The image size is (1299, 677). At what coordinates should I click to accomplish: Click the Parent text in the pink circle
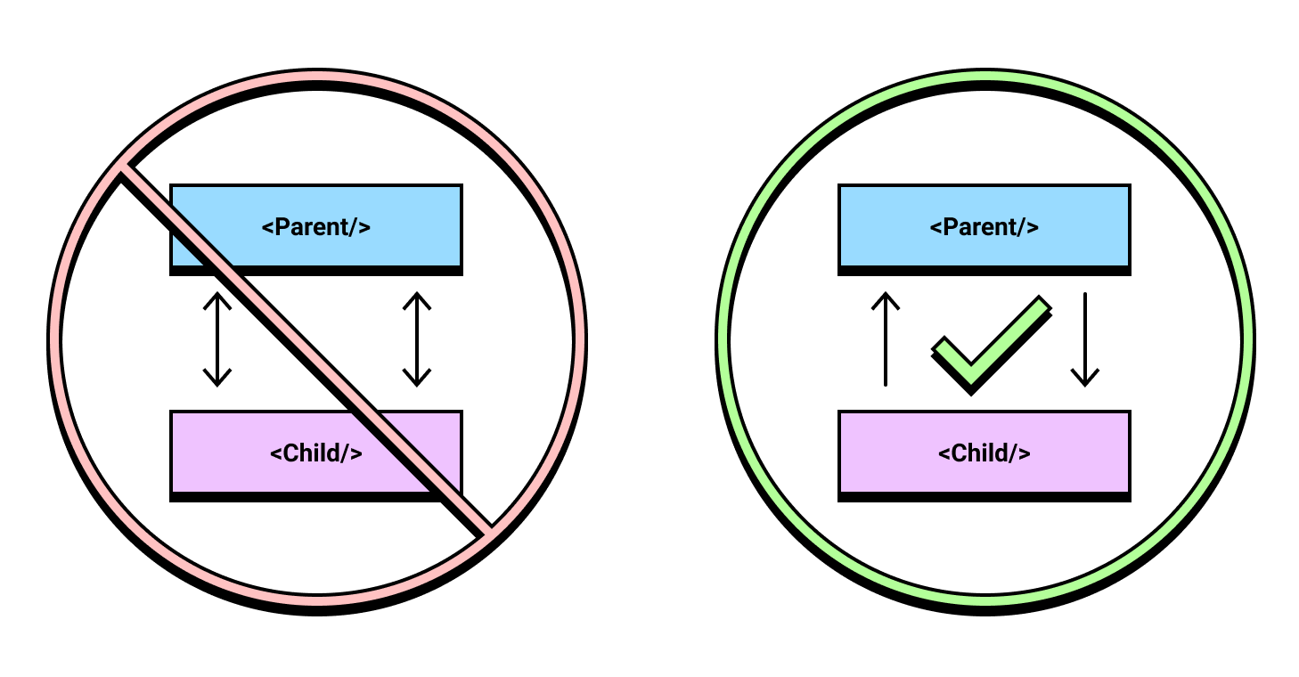pos(316,226)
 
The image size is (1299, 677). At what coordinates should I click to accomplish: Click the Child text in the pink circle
pos(316,453)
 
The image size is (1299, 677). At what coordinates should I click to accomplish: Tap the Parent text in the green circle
pos(984,226)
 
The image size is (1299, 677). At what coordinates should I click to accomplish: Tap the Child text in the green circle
pos(984,453)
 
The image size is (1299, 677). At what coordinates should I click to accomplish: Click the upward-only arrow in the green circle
pos(886,339)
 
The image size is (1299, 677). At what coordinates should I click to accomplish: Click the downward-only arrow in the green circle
pos(1085,339)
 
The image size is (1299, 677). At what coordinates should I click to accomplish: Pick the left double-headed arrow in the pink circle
pos(217,339)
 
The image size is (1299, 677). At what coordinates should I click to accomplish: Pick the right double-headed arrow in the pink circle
pos(417,339)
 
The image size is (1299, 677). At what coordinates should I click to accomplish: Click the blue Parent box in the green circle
pos(984,229)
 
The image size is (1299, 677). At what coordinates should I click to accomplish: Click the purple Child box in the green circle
pos(984,455)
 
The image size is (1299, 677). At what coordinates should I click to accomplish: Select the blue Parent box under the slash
pos(316,229)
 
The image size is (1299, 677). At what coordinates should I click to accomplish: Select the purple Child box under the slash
pos(316,455)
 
